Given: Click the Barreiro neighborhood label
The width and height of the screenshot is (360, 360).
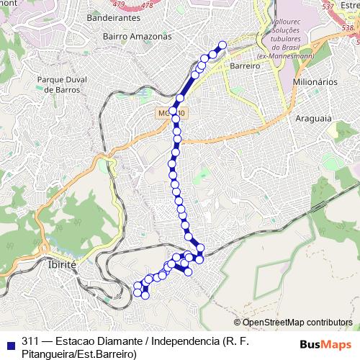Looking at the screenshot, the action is click(245, 65).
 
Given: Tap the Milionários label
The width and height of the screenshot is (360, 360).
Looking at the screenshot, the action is click(315, 82).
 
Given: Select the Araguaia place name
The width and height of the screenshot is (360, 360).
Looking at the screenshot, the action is click(313, 117).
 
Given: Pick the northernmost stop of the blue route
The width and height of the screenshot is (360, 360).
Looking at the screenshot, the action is click(222, 45).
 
